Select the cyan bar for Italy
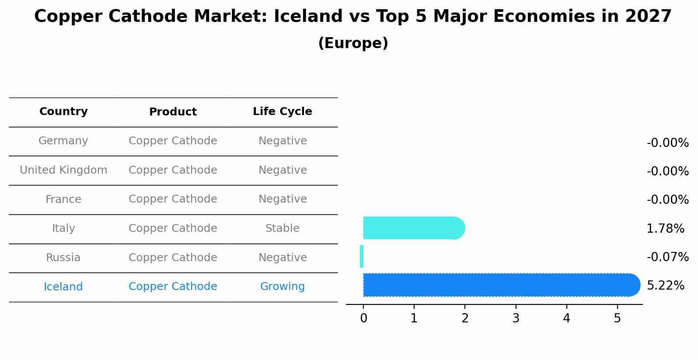413,228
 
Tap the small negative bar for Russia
362,256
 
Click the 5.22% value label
665,286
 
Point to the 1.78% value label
665,228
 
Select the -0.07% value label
667,257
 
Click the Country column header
63,112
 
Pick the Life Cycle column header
283,112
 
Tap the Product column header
173,112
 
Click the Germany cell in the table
63,141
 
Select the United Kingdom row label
63,170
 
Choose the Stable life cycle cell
283,228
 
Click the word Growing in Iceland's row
283,287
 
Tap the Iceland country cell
63,287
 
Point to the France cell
63,199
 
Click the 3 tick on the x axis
516,318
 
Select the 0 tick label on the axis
363,318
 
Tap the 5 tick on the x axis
617,318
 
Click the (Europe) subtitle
353,43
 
